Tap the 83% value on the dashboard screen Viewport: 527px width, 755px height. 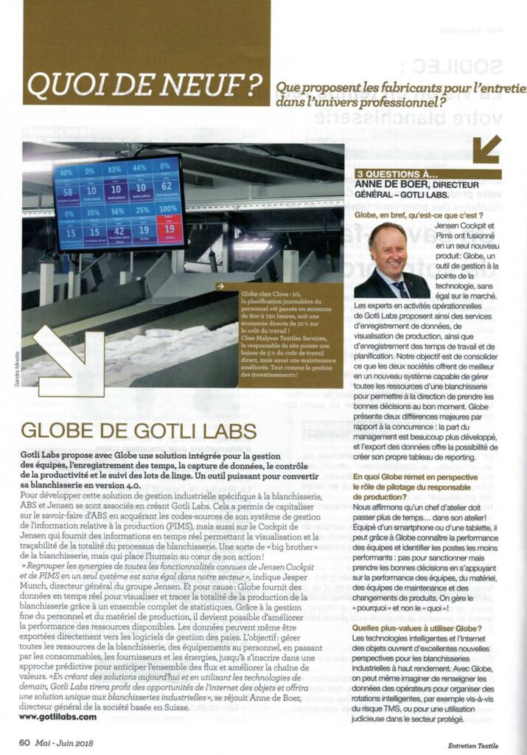(x=114, y=168)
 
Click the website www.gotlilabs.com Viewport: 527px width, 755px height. (x=57, y=716)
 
